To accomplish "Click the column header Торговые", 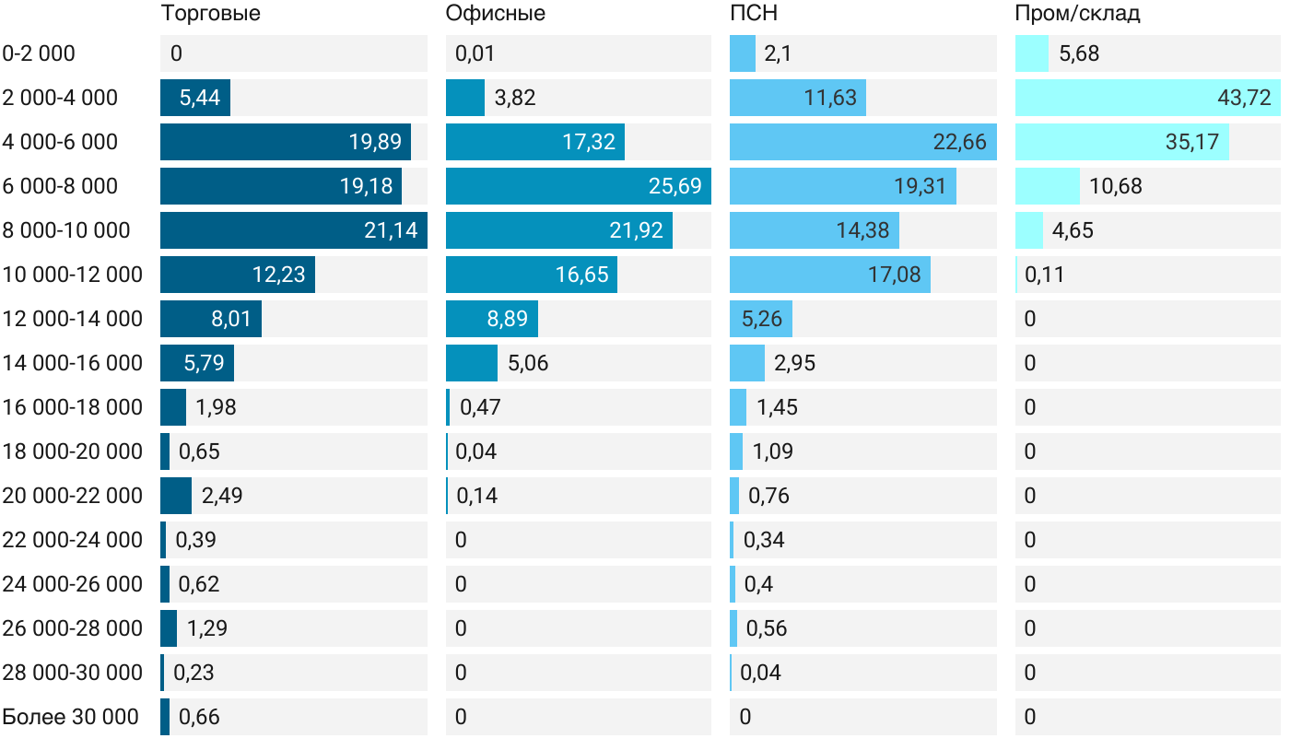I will (x=210, y=14).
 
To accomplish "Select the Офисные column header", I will (x=495, y=14).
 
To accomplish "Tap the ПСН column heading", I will (x=754, y=14).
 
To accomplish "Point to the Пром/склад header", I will (x=1077, y=14).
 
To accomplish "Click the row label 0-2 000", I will (x=39, y=53).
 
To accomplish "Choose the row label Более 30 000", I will (x=70, y=717).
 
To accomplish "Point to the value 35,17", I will (x=1192, y=142).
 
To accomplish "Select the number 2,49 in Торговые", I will (x=222, y=496).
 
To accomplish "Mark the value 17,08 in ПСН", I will (x=894, y=275).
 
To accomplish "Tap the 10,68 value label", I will (x=1115, y=186).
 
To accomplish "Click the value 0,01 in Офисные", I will (x=475, y=53).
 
